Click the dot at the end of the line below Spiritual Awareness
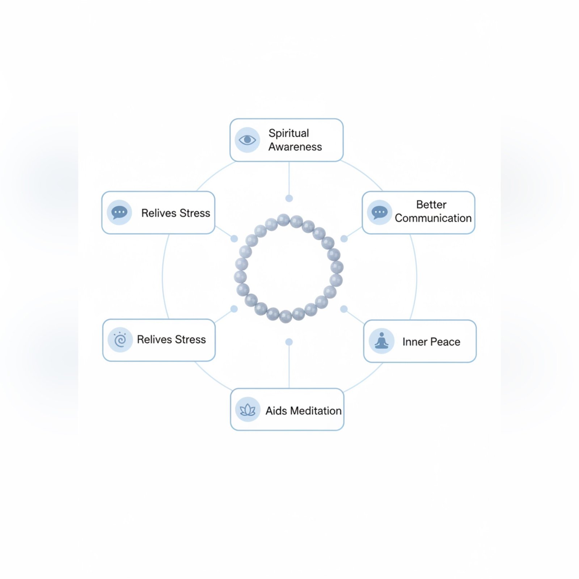tap(289, 198)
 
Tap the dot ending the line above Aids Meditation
tap(289, 342)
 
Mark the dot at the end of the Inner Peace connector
tap(344, 309)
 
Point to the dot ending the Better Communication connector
tap(344, 239)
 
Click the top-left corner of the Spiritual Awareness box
tap(230, 119)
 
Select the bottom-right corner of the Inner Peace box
tap(476, 362)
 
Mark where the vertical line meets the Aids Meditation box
tap(289, 389)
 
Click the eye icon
tap(248, 140)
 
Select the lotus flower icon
tap(248, 410)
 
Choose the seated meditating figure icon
tap(381, 341)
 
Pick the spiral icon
tap(120, 339)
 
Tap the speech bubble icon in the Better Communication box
tap(379, 212)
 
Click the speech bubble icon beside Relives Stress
tap(119, 212)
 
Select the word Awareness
tap(295, 147)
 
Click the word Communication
tap(433, 218)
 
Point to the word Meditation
tap(316, 411)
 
